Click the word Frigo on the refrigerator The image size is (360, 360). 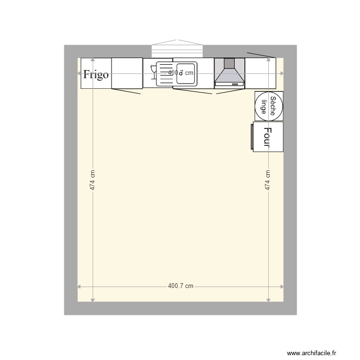(x=96, y=74)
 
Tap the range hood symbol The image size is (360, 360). (x=229, y=73)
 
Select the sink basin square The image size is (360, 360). (x=186, y=73)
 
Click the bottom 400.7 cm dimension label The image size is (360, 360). (x=180, y=286)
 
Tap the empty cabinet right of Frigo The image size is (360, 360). (x=127, y=73)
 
